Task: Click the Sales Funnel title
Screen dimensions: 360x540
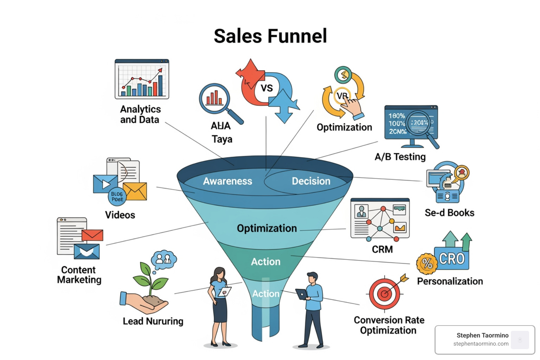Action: tap(270, 36)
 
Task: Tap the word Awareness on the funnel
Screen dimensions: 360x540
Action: tap(227, 181)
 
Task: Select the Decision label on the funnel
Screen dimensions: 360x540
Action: tap(311, 181)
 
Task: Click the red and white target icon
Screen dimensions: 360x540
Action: tap(385, 293)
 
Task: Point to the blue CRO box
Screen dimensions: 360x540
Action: tap(452, 259)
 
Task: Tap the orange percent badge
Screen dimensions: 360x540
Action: tap(427, 263)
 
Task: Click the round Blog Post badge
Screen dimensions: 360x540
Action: tap(117, 197)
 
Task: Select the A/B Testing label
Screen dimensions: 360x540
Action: tap(400, 157)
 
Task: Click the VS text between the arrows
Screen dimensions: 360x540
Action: tap(266, 88)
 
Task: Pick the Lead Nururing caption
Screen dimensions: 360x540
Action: tap(153, 321)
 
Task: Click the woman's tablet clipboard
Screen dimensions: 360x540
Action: tap(225, 291)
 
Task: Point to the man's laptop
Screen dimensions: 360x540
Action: tap(302, 294)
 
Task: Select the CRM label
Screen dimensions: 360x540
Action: tap(382, 250)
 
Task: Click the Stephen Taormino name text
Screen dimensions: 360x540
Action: tap(482, 335)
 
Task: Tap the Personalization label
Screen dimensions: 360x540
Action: tap(450, 281)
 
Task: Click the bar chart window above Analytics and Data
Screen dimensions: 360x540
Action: tap(142, 79)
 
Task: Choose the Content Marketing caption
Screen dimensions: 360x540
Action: tap(79, 275)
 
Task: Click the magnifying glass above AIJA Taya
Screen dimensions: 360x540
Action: tap(215, 99)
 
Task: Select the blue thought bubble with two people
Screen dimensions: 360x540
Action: tap(163, 259)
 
